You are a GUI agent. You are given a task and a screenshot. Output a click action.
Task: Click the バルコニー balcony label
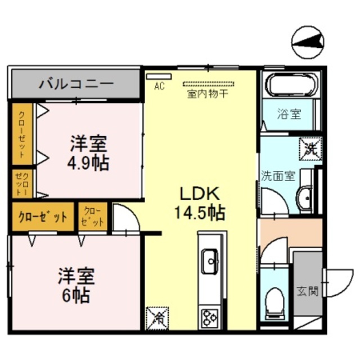76,84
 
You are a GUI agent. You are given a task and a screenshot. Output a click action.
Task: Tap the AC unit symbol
159,76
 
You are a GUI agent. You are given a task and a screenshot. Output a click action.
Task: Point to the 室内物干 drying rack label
208,94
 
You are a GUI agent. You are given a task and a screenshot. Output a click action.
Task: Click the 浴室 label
289,114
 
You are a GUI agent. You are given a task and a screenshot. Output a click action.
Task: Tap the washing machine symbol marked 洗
310,148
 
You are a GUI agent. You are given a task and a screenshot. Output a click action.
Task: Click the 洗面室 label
278,176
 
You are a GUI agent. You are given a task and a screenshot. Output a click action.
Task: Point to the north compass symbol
308,42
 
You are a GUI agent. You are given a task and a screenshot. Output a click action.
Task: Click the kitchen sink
210,262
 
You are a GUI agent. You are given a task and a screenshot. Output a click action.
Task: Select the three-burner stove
210,318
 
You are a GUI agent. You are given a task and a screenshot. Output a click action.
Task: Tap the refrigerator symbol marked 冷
157,318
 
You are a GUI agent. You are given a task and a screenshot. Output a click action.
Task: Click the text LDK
200,193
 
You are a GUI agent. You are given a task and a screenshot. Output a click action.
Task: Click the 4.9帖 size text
88,163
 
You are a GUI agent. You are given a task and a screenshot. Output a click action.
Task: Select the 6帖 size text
76,296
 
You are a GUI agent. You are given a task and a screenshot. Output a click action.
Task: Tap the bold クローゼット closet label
43,216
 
